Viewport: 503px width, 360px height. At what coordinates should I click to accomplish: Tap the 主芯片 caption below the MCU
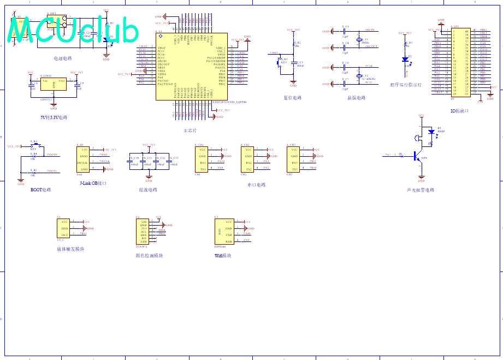coord(191,131)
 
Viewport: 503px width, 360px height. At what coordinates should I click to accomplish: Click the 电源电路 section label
coord(62,58)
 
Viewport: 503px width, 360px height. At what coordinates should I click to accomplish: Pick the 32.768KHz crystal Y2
coord(359,76)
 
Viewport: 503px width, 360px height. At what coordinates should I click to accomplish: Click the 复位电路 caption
coord(293,98)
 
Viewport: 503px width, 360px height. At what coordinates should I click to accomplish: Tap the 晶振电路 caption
coord(356,98)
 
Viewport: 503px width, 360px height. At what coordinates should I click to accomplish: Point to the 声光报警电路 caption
coord(421,190)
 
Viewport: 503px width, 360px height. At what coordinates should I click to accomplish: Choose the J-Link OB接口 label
coord(93,184)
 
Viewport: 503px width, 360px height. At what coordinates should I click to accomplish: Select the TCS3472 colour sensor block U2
coord(144,232)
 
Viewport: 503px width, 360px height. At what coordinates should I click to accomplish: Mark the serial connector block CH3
coord(294,159)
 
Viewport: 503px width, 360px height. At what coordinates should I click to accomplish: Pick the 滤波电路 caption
coord(148,190)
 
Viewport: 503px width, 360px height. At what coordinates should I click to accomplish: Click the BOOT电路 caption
coord(41,190)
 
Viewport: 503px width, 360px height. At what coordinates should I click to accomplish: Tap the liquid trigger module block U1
coord(63,228)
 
